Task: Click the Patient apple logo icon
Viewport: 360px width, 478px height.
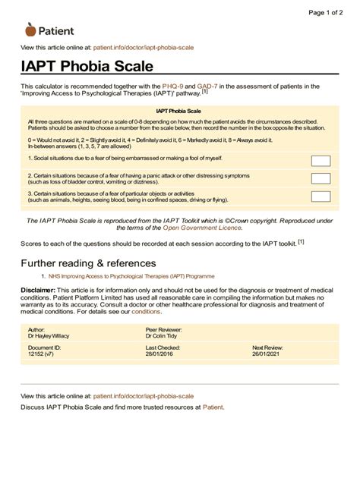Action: pos(30,30)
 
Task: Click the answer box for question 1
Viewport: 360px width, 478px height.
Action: pos(321,160)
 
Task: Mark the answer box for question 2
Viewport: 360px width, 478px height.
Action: pos(321,179)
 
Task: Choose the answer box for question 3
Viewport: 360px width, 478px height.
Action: pos(321,197)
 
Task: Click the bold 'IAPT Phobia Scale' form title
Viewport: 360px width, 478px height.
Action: pos(179,110)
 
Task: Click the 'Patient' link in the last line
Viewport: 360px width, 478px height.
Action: pos(213,407)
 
